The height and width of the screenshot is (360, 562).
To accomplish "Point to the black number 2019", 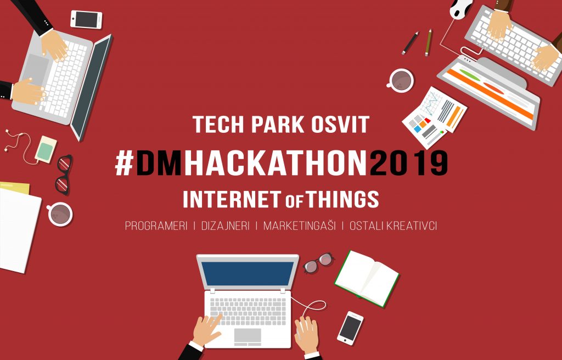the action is (x=408, y=163).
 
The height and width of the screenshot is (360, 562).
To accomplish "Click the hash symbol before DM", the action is (x=125, y=163).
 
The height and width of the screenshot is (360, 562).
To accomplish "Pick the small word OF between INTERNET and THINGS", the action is (x=295, y=202).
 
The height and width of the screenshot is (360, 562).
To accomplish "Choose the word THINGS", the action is (x=343, y=199).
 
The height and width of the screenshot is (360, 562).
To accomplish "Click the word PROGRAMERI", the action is (x=156, y=226).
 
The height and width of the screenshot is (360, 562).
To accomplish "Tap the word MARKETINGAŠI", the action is (x=300, y=226).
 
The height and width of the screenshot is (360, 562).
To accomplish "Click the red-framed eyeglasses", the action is (x=64, y=175).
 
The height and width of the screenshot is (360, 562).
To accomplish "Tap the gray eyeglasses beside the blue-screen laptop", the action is (x=318, y=262).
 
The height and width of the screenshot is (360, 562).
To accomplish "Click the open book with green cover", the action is (x=367, y=278).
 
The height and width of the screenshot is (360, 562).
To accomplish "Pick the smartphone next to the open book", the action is (x=350, y=328).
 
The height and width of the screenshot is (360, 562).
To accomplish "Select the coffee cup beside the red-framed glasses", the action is (x=60, y=214).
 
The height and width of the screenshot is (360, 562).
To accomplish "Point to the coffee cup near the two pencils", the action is (x=400, y=80).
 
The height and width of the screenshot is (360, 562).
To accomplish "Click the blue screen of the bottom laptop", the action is (x=248, y=274).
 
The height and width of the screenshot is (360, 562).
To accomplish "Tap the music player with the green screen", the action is (x=46, y=149).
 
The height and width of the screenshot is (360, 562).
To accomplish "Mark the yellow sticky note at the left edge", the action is (x=15, y=188).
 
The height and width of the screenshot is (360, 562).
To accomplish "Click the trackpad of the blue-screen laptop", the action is (x=248, y=335).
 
